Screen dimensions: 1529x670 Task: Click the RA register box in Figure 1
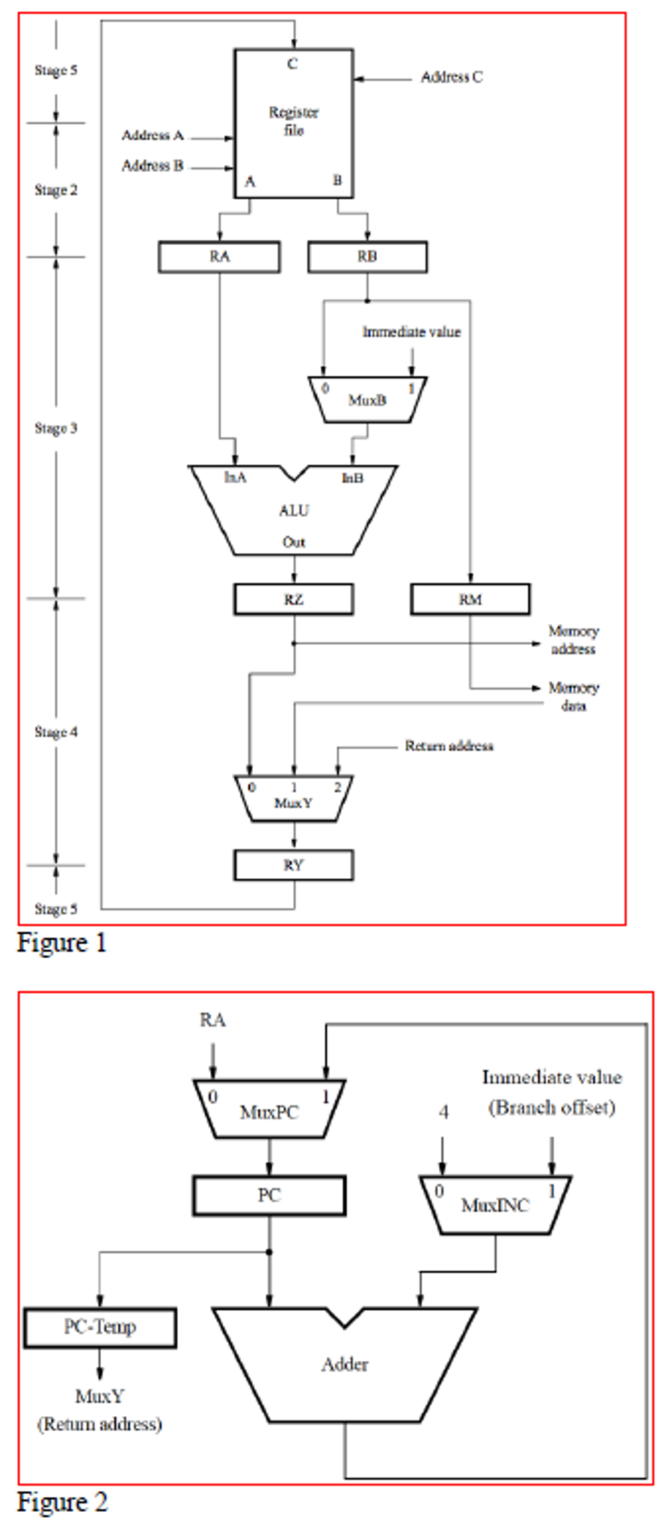219,257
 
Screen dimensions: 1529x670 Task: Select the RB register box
367,257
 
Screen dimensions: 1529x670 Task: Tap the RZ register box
293,599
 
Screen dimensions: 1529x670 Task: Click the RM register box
470,599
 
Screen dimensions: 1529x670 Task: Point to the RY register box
293,865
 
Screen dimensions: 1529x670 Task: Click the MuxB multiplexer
367,401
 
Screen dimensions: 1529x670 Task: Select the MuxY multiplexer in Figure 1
293,798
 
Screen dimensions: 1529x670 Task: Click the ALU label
293,510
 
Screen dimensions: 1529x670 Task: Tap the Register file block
293,123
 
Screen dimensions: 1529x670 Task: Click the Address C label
452,77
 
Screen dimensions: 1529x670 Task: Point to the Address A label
153,135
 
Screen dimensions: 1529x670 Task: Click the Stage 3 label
56,428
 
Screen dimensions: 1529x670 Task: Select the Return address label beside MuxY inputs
449,746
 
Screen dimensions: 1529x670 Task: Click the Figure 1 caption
63,943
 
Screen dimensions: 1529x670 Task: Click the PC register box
269,1196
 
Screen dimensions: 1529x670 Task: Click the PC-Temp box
100,1327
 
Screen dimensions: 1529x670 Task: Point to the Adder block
345,1365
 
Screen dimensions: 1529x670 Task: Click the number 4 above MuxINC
443,1112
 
